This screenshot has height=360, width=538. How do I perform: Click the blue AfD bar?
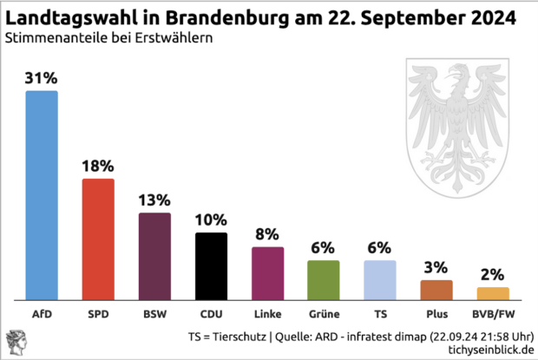(x=42, y=194)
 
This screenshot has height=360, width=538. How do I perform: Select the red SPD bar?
(x=98, y=239)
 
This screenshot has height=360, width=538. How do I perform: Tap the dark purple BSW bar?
(x=154, y=256)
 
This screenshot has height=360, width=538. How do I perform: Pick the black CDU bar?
(x=211, y=265)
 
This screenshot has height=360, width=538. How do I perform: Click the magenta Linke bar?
(x=267, y=272)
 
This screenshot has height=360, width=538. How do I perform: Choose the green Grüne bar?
(x=323, y=279)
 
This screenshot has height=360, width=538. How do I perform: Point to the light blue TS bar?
(x=379, y=279)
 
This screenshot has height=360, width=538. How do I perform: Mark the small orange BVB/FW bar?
(x=492, y=293)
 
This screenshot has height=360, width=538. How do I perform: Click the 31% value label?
(x=42, y=79)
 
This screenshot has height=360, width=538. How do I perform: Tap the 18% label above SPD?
(x=98, y=166)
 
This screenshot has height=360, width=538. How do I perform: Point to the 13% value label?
(x=154, y=200)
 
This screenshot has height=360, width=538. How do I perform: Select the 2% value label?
(x=492, y=275)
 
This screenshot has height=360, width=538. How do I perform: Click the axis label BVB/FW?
(x=492, y=314)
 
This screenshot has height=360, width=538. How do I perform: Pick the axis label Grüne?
(x=323, y=314)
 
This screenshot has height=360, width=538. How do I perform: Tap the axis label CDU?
(x=211, y=314)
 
